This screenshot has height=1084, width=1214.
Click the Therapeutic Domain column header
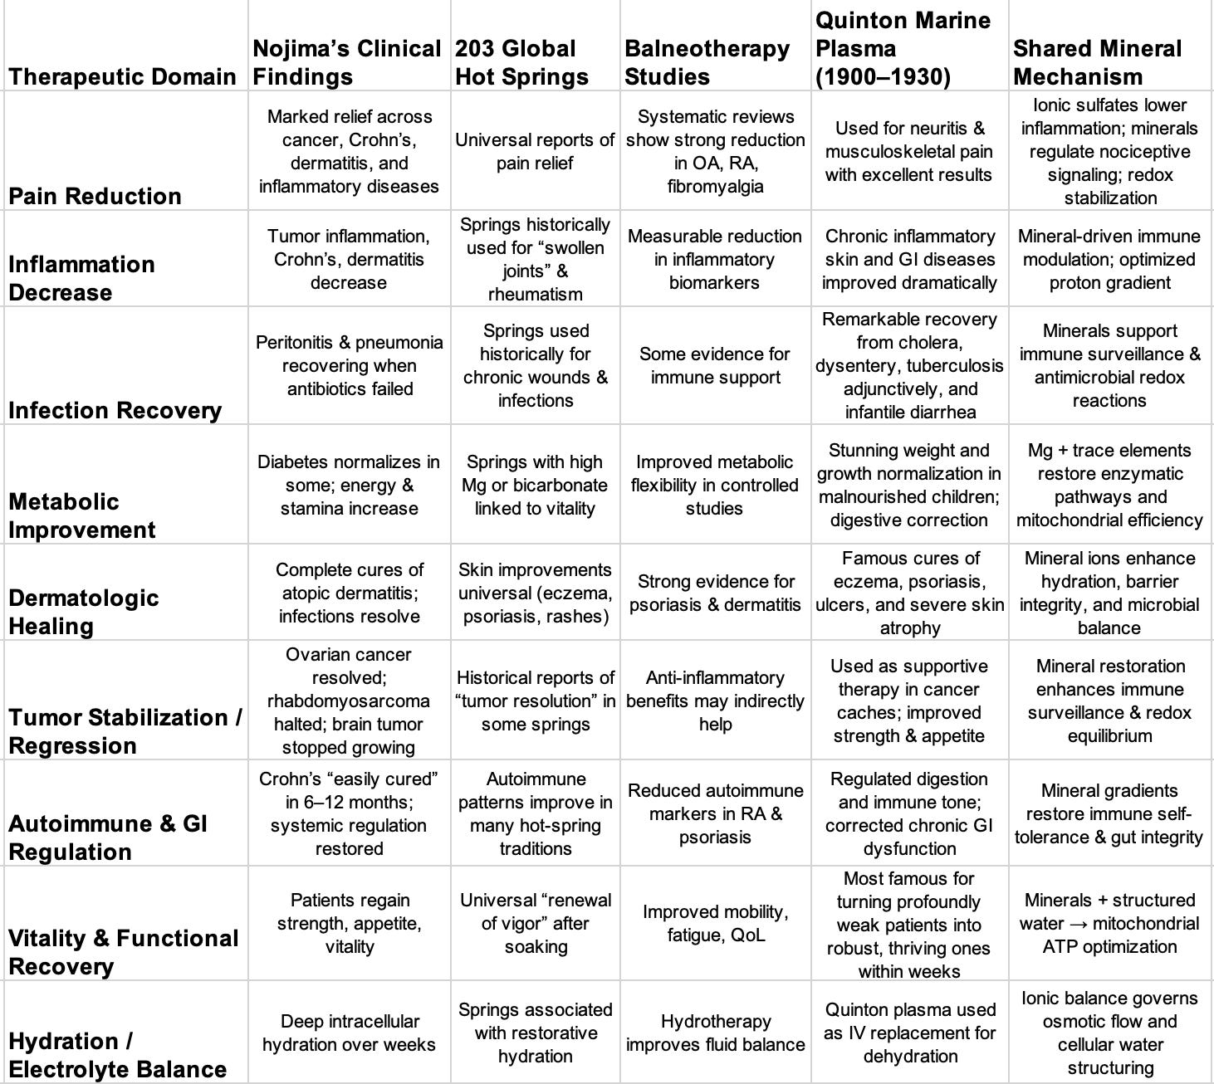tap(122, 76)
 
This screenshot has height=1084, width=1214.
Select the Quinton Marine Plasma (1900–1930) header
tap(903, 48)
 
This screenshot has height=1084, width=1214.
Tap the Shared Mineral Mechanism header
tap(1096, 62)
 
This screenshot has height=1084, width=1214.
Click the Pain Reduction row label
tap(95, 196)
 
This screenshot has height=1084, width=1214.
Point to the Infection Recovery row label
tap(115, 410)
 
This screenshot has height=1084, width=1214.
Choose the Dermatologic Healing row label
tap(83, 612)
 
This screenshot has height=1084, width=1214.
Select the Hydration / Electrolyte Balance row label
tap(117, 1055)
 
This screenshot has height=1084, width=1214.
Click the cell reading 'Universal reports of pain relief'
tap(535, 151)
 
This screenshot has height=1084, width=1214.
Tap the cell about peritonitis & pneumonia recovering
tap(349, 365)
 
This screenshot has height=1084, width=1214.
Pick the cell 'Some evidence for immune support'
tap(714, 365)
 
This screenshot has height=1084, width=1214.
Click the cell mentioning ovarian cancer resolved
tap(349, 701)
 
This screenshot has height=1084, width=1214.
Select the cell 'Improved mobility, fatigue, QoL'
tap(714, 923)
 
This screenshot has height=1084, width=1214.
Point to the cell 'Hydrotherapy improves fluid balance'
tap(714, 1033)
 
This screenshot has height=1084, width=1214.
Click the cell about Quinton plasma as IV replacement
tap(909, 1033)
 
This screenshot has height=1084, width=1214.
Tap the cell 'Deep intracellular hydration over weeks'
tap(349, 1033)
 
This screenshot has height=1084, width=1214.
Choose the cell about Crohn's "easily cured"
tap(349, 813)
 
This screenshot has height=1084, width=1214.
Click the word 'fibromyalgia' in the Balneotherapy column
tap(714, 186)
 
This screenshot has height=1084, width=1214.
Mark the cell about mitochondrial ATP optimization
tap(1109, 923)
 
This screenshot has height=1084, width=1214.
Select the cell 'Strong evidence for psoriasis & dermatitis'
tap(714, 593)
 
